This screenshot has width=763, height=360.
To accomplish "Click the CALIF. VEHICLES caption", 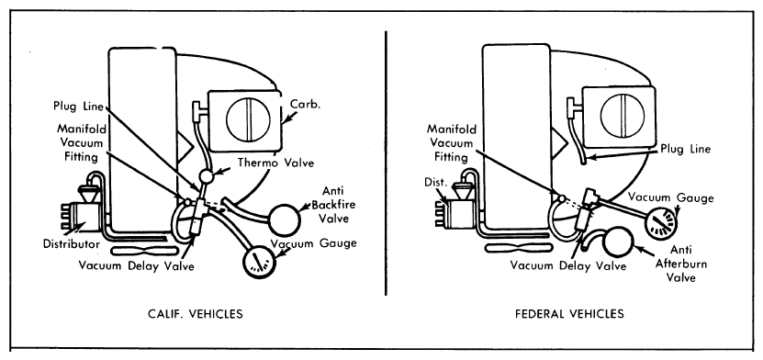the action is [196, 314].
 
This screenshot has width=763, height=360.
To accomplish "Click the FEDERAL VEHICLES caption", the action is [569, 314].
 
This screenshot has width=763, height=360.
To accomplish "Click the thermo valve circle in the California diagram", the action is [207, 175].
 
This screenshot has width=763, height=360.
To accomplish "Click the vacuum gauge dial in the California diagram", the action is [259, 262].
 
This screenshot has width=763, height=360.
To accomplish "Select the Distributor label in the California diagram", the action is [72, 243].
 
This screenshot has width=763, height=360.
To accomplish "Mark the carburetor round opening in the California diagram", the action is [249, 119].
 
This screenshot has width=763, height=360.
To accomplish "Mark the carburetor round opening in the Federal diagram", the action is [623, 116].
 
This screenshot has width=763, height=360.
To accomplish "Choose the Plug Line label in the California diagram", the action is [79, 107].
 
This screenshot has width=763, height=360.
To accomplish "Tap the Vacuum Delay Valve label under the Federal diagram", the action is [568, 266].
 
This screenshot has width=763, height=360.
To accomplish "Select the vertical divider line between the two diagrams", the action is [387, 163].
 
